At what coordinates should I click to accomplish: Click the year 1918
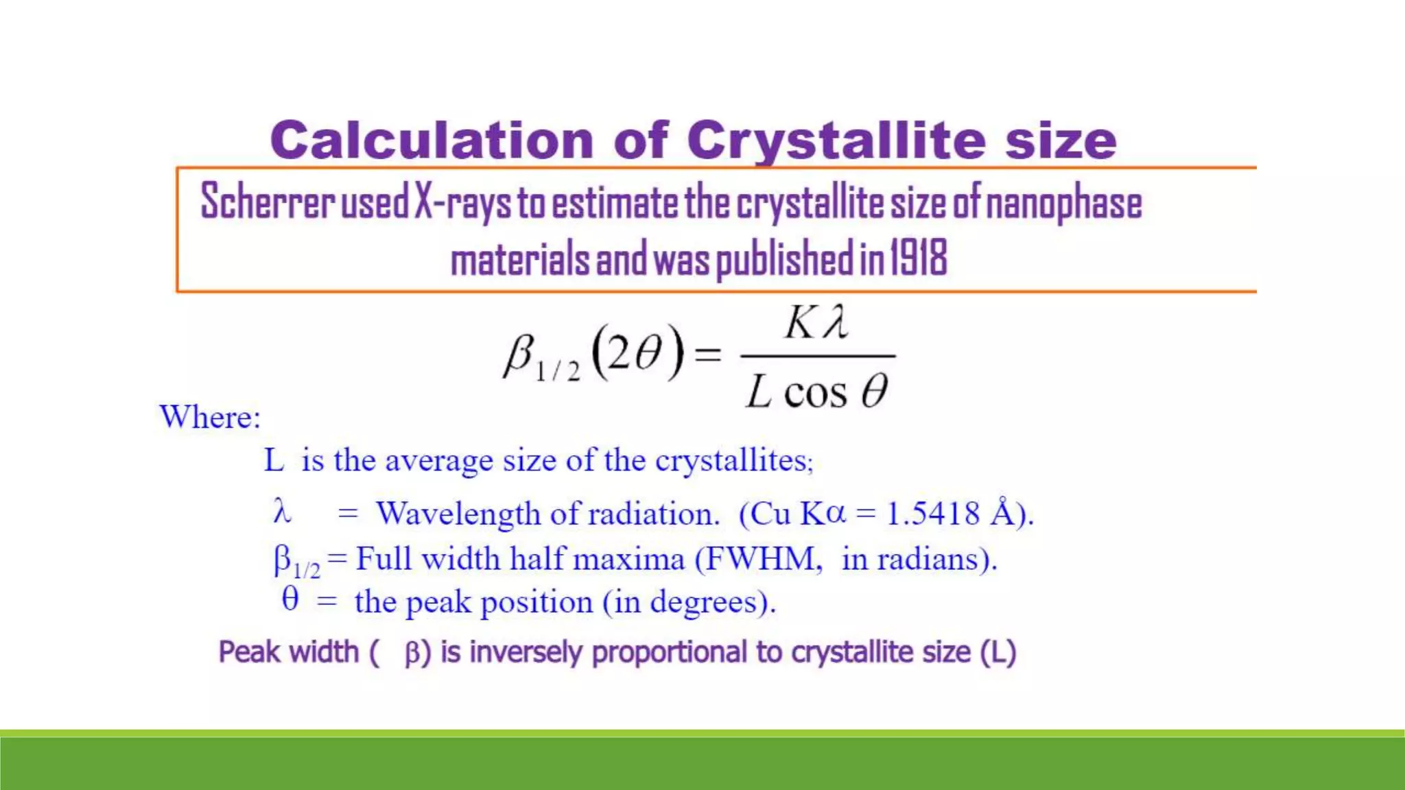(x=919, y=258)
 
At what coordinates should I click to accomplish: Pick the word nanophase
(x=1063, y=204)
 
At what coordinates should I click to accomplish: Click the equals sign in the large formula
(x=708, y=355)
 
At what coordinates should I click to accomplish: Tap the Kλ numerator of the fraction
(x=816, y=322)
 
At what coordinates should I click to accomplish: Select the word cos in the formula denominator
(x=815, y=393)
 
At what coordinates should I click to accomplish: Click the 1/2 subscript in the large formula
(x=557, y=371)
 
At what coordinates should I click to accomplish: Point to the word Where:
(x=210, y=417)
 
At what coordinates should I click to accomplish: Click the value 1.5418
(x=933, y=514)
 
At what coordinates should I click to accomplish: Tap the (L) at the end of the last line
(x=997, y=652)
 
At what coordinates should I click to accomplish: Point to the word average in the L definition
(x=438, y=460)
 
